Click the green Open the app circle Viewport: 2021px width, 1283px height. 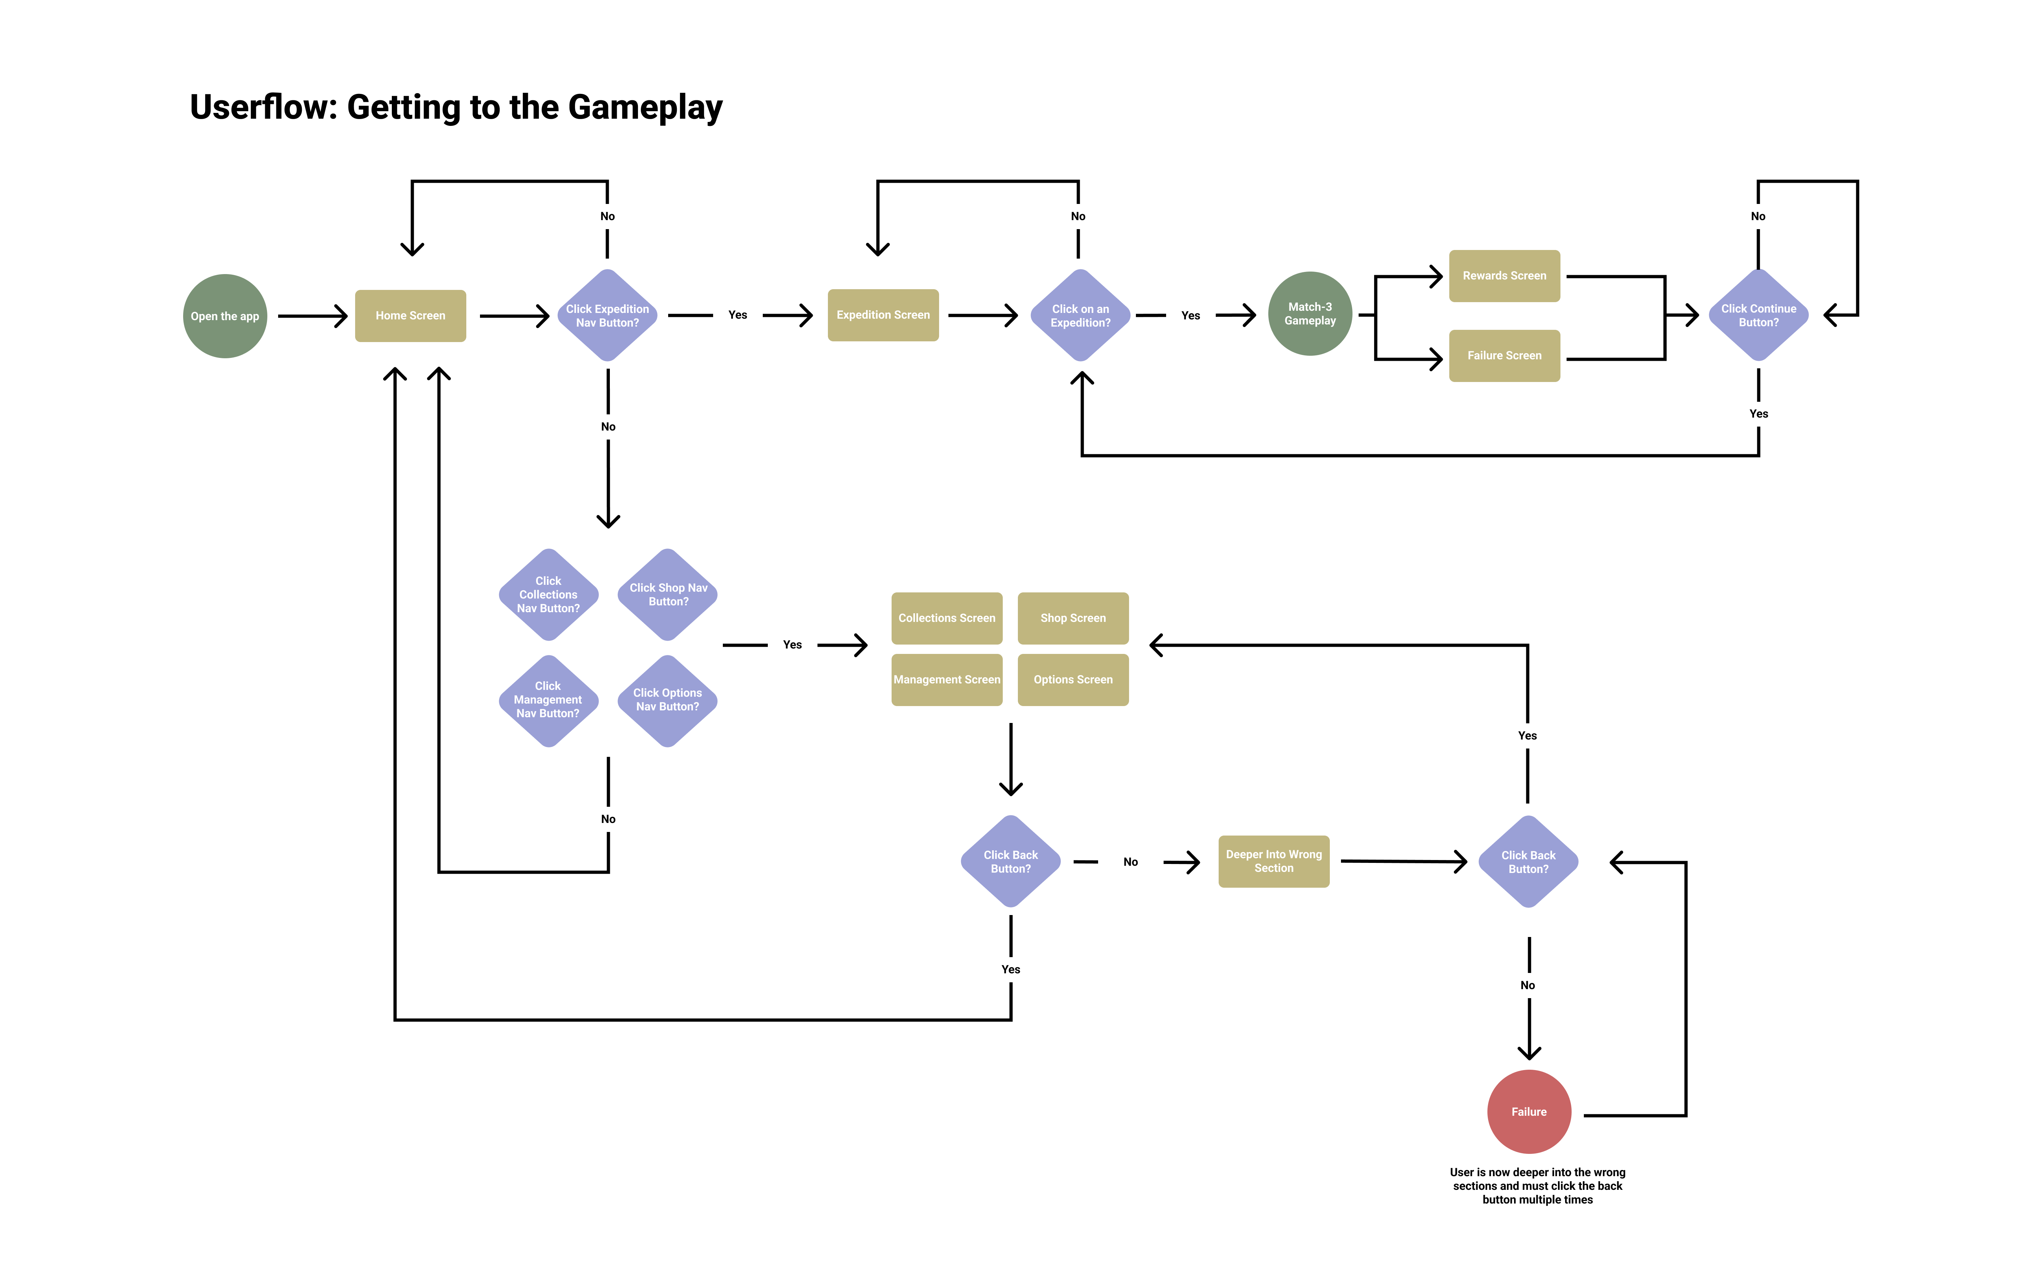225,317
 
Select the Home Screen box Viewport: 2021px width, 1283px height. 411,315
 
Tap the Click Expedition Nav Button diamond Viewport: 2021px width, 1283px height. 608,315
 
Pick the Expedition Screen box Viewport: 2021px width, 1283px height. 883,315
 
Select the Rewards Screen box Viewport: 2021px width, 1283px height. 1504,275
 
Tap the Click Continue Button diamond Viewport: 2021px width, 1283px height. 1758,315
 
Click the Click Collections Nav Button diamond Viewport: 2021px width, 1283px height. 548,594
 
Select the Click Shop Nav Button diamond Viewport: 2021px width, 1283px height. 668,594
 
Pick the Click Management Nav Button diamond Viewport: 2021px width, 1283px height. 548,700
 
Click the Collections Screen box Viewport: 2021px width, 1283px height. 947,618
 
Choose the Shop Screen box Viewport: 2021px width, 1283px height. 1073,618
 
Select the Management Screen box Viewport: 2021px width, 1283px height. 947,680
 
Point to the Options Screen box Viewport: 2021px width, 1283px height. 1073,680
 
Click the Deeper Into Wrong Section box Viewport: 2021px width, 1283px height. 1273,861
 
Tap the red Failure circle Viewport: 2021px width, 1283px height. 1528,1112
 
